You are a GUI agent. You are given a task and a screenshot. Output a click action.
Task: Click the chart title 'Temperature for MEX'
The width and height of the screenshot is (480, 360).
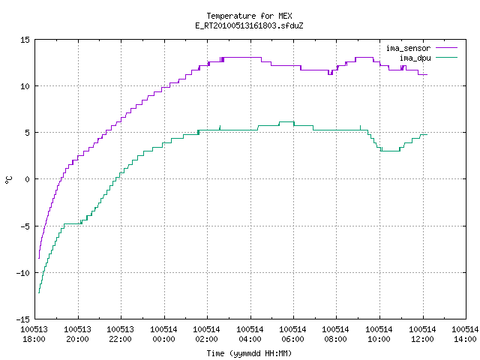[x=249, y=16]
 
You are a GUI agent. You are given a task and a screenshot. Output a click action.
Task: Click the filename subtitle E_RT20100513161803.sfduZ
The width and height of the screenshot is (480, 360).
[x=249, y=25]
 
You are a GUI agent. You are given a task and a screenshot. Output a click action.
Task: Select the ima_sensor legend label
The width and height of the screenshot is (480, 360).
[x=408, y=48]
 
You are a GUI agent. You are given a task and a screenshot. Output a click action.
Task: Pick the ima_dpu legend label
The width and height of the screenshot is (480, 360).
[x=415, y=58]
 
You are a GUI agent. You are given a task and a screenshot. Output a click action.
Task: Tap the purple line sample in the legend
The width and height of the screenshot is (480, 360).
[x=447, y=48]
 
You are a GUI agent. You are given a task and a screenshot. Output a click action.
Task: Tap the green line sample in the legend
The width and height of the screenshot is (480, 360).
[x=447, y=57]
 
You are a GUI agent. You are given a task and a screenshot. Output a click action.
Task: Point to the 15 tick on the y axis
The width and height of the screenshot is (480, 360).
[x=25, y=40]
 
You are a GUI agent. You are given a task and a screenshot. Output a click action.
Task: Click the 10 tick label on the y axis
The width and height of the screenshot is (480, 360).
[x=25, y=86]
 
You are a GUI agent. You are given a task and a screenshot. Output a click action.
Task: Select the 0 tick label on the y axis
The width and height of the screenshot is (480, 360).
[x=28, y=179]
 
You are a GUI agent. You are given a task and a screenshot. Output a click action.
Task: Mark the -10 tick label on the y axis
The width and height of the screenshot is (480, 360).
[x=23, y=273]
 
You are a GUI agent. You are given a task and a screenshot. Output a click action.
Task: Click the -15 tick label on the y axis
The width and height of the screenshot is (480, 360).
[x=23, y=319]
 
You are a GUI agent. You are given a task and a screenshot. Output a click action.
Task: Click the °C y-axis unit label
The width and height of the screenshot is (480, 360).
[x=8, y=180]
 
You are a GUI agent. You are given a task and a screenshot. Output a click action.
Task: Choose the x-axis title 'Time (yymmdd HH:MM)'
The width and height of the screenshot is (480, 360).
[x=249, y=353]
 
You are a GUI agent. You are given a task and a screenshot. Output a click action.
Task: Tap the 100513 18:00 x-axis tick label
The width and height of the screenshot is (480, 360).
[x=34, y=334]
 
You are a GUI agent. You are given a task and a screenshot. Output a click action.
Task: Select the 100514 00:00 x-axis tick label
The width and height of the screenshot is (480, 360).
[x=163, y=334]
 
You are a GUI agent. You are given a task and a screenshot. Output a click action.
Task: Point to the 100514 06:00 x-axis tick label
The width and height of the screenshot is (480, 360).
[x=293, y=334]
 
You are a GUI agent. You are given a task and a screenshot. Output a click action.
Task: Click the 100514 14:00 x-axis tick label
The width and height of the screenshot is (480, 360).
[x=465, y=334]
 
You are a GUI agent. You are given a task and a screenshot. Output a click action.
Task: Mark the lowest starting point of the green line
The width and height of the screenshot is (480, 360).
[x=39, y=293]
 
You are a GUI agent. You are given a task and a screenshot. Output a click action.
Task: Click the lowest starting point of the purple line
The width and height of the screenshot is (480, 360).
[x=39, y=258]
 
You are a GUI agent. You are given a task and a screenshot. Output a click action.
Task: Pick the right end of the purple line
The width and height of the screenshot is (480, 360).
[x=427, y=74]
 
